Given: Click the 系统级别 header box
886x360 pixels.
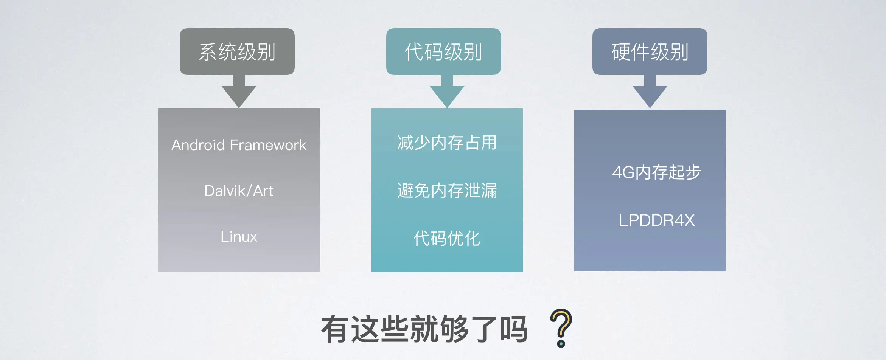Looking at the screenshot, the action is pyautogui.click(x=237, y=51).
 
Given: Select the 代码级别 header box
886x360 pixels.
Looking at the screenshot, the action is pyautogui.click(x=443, y=51).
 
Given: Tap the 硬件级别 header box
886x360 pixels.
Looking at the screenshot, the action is pyautogui.click(x=650, y=51).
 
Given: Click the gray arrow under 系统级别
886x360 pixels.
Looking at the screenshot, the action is pyautogui.click(x=239, y=93).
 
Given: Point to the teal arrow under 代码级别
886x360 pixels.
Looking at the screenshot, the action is pyautogui.click(x=447, y=93).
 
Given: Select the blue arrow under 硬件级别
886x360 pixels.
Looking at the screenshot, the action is pyautogui.click(x=650, y=93).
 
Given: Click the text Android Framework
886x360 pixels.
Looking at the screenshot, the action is pyautogui.click(x=239, y=145).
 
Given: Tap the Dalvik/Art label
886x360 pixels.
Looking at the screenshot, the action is pyautogui.click(x=239, y=191).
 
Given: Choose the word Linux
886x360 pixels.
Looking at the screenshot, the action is pyautogui.click(x=239, y=237).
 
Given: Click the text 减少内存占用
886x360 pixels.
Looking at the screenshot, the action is pyautogui.click(x=447, y=143).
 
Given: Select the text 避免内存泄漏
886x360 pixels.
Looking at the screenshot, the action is pyautogui.click(x=447, y=191).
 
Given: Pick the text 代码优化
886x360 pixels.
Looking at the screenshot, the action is pyautogui.click(x=447, y=239).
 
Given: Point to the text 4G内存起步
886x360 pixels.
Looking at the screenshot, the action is pyautogui.click(x=656, y=172).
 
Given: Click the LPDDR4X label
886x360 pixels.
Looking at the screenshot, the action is pyautogui.click(x=656, y=220).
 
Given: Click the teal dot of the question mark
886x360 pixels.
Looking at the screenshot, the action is pyautogui.click(x=561, y=344).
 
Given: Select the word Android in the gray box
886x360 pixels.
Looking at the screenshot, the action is pyautogui.click(x=198, y=145).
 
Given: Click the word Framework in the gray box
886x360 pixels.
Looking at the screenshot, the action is pyautogui.click(x=268, y=145).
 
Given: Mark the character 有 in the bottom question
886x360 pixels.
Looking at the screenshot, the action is pyautogui.click(x=335, y=329).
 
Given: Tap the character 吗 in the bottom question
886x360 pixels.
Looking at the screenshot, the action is pyautogui.click(x=513, y=329).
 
